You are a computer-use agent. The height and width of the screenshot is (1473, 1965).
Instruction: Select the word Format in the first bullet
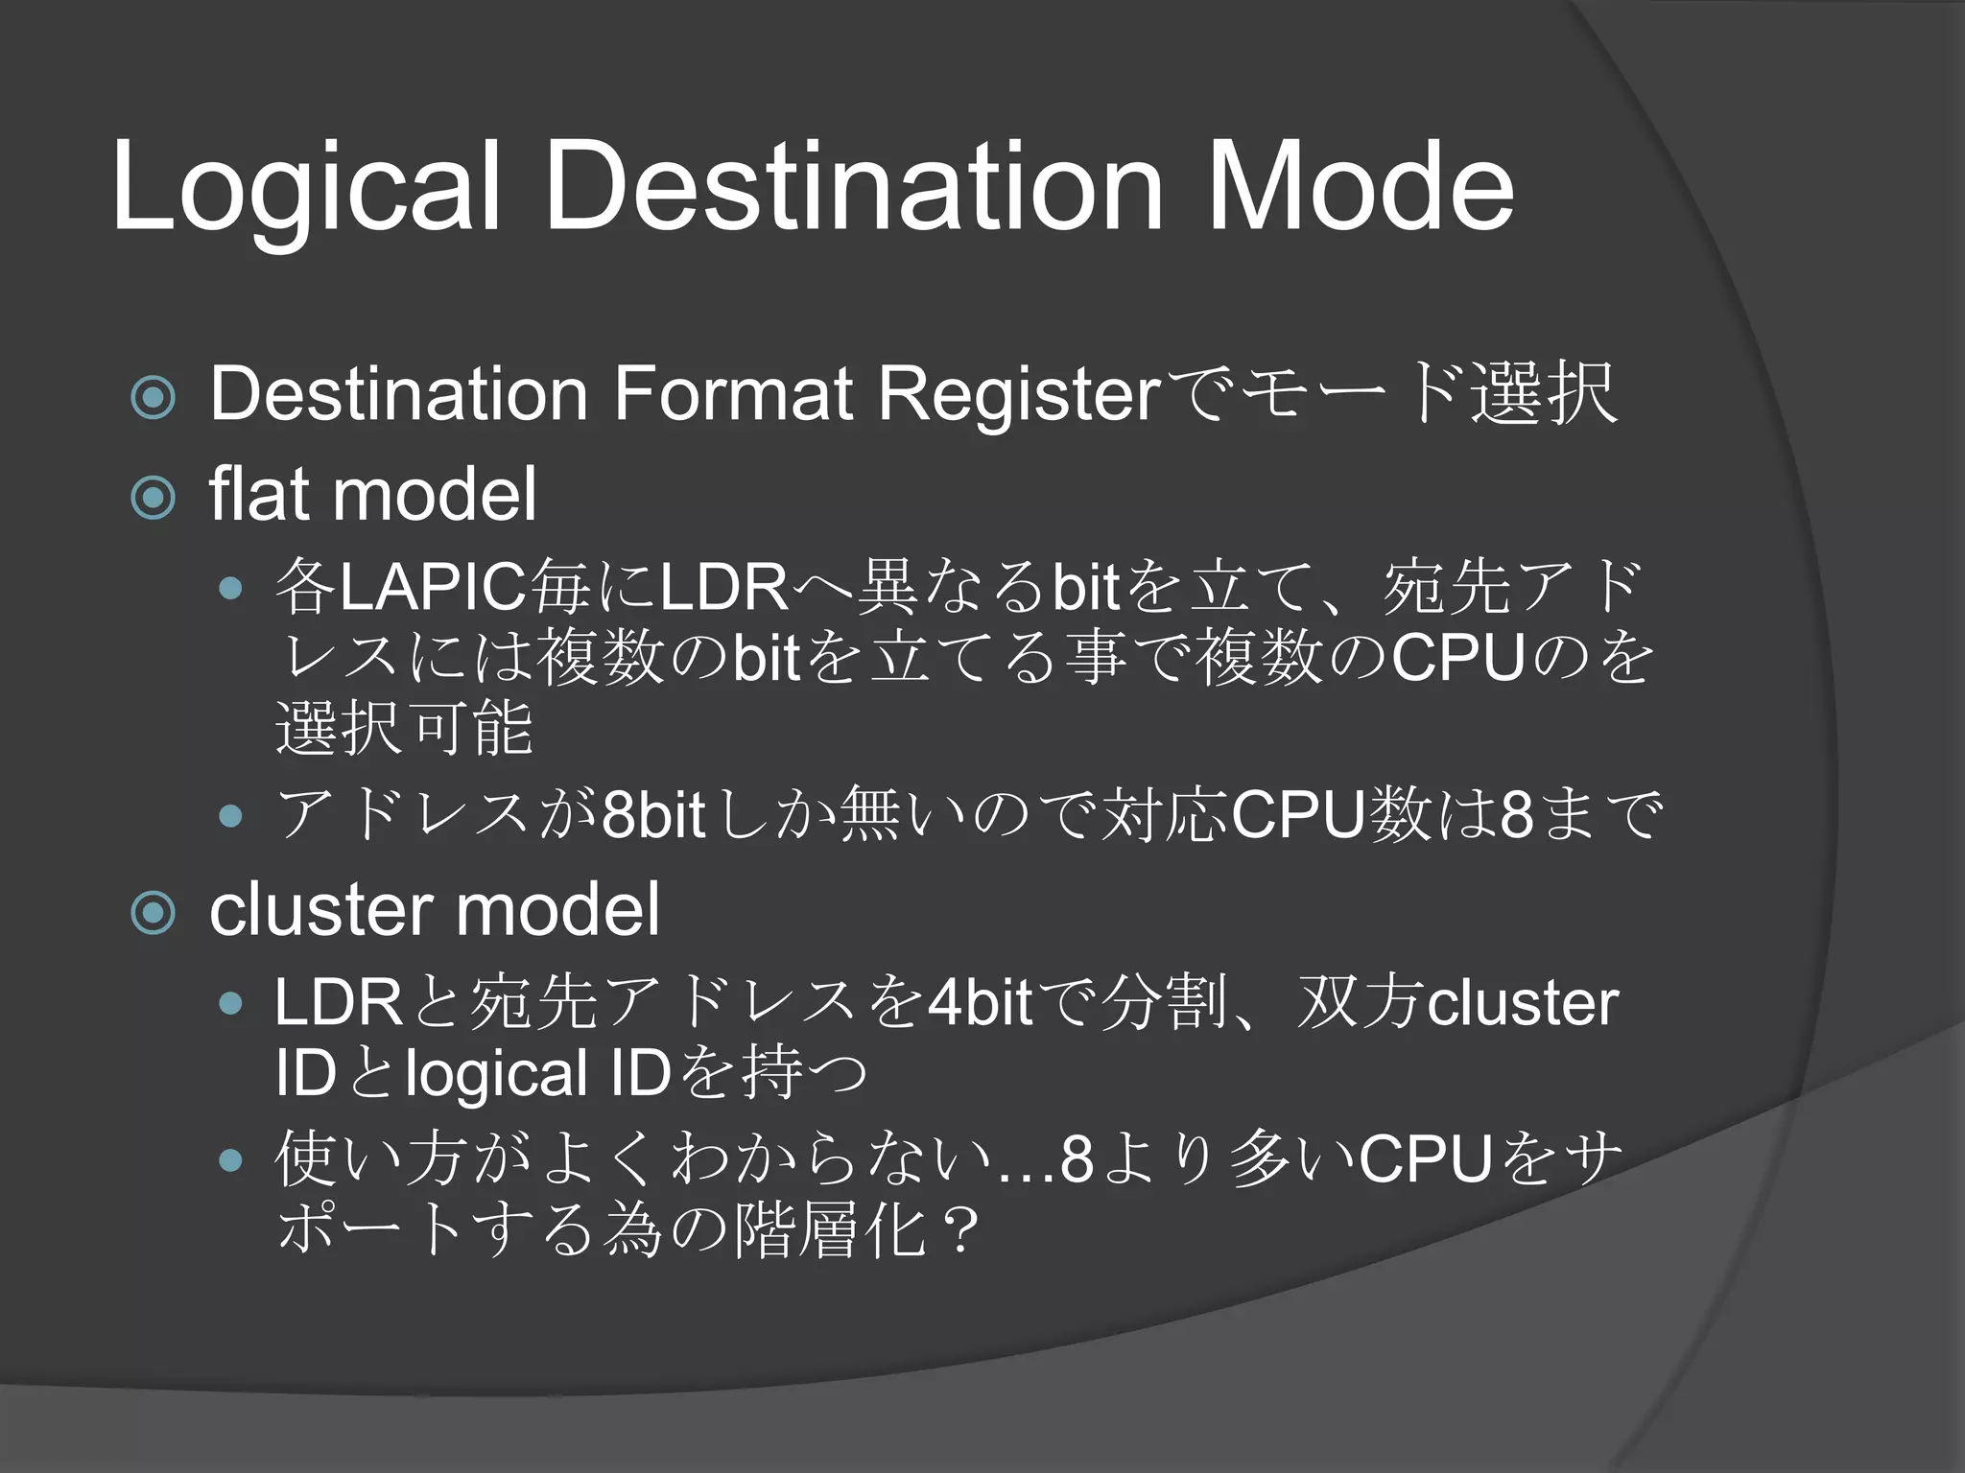(733, 393)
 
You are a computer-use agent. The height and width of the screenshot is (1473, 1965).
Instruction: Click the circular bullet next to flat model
(154, 498)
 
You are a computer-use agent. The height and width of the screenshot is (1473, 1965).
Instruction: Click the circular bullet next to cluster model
(154, 912)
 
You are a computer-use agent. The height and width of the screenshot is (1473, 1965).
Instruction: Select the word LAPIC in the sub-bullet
(433, 587)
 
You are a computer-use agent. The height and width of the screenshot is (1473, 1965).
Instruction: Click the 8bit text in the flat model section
(653, 815)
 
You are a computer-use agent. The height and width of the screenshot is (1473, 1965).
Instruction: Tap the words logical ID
(537, 1074)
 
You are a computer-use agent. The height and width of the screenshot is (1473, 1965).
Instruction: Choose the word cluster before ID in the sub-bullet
(1523, 1003)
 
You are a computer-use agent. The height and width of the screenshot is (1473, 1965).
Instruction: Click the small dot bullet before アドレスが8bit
(230, 816)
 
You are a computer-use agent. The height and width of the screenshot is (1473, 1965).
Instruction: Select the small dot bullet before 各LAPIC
(230, 588)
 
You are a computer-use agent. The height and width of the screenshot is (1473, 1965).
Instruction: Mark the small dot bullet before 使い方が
(230, 1161)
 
